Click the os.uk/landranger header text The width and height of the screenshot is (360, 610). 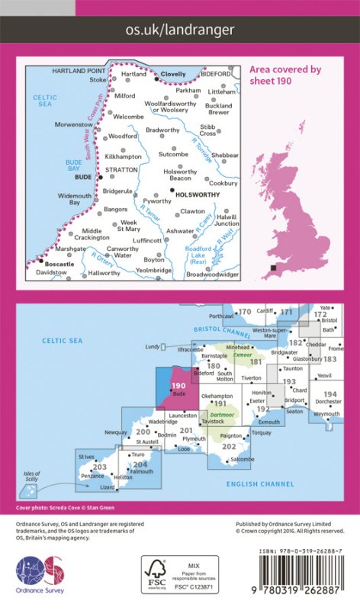pyautogui.click(x=179, y=30)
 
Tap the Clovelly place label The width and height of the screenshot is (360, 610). pyautogui.click(x=172, y=75)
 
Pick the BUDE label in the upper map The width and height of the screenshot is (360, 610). pyautogui.click(x=84, y=176)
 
